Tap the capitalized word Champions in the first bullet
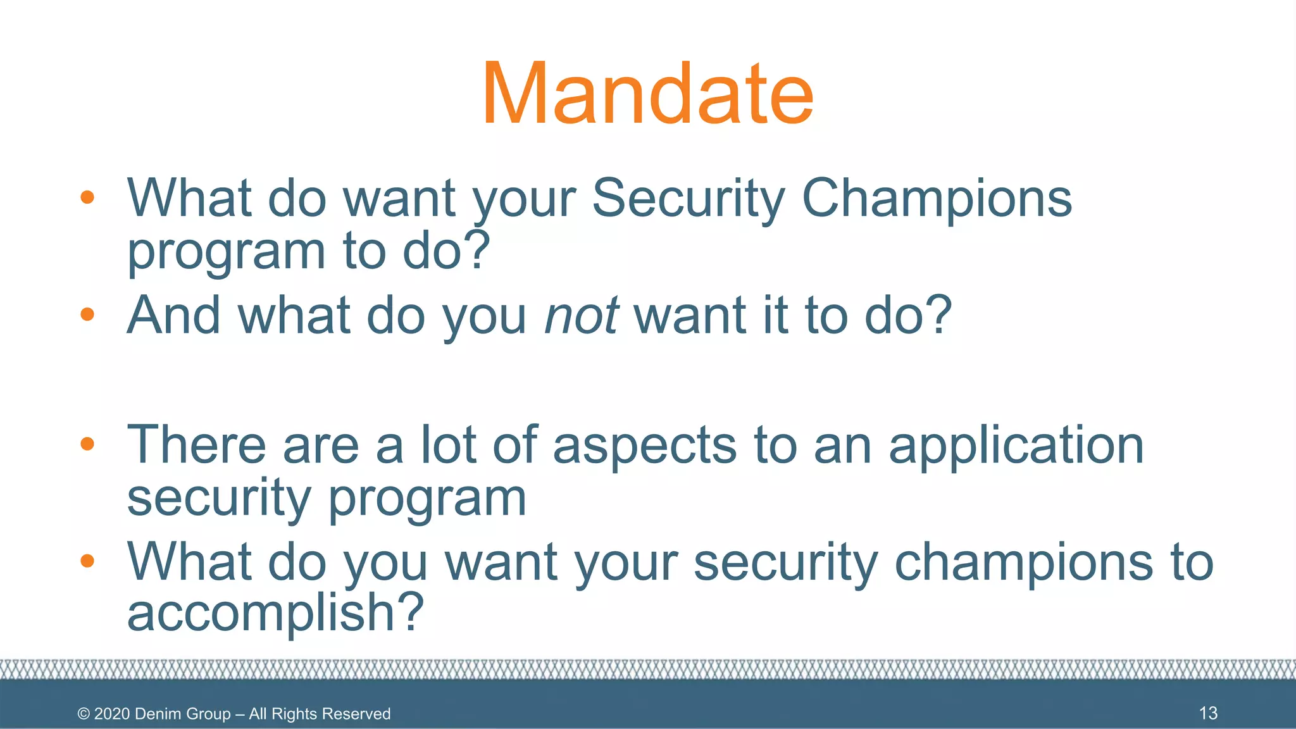[937, 198]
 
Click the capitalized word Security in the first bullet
[688, 198]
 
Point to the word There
[196, 445]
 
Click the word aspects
[645, 446]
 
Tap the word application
[1016, 446]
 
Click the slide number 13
[1208, 713]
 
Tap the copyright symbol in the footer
[84, 714]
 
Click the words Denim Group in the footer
[183, 714]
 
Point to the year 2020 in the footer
[112, 714]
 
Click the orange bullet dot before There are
[87, 444]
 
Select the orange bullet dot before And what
[87, 314]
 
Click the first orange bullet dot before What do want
[87, 197]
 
